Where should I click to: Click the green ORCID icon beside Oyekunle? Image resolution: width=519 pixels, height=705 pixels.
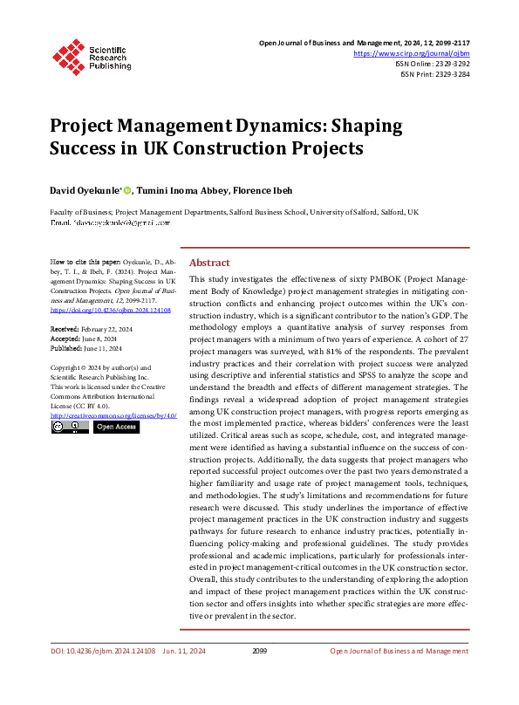[126, 190]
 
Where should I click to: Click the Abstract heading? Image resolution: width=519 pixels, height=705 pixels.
[209, 263]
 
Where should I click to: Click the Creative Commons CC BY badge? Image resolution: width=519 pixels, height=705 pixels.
[70, 427]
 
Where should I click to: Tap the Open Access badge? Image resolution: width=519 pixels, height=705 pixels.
[115, 427]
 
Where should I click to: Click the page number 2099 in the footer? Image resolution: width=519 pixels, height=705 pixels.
[259, 651]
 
